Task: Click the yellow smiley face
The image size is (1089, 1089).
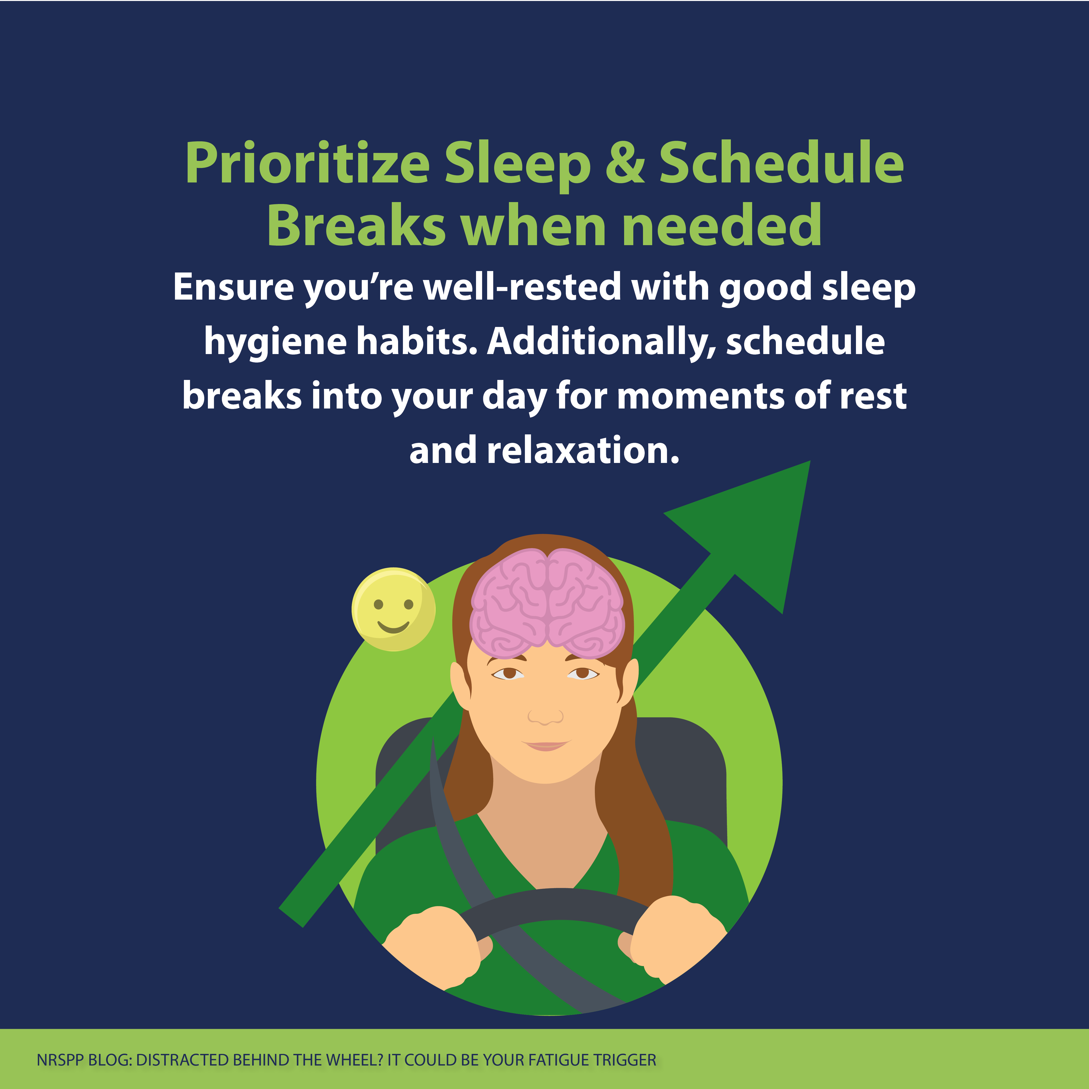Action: [393, 609]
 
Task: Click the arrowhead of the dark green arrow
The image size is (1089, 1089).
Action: [750, 530]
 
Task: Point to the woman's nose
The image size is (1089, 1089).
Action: [545, 715]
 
